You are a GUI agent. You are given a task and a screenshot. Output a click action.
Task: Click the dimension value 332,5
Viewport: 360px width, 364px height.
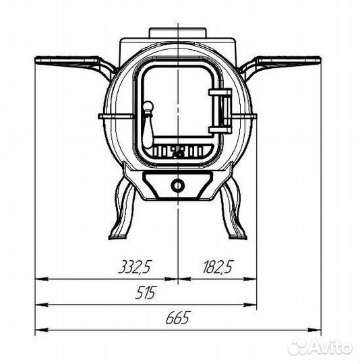point(135,267)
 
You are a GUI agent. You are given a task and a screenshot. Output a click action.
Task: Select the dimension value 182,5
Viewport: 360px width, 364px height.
point(218,267)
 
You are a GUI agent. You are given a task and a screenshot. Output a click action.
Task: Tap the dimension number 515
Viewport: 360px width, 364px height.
point(146,293)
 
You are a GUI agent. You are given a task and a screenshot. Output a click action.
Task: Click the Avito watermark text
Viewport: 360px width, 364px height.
point(331,348)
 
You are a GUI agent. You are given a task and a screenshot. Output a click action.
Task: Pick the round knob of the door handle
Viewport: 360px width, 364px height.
point(148,107)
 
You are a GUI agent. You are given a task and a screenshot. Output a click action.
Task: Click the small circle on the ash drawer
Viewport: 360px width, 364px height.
point(178,185)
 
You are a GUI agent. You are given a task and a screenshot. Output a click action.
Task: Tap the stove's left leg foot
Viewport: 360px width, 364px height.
point(117,237)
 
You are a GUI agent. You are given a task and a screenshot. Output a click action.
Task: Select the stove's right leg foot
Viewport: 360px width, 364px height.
point(238,237)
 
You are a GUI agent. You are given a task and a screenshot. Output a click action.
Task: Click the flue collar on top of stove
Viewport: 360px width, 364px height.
point(177,32)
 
